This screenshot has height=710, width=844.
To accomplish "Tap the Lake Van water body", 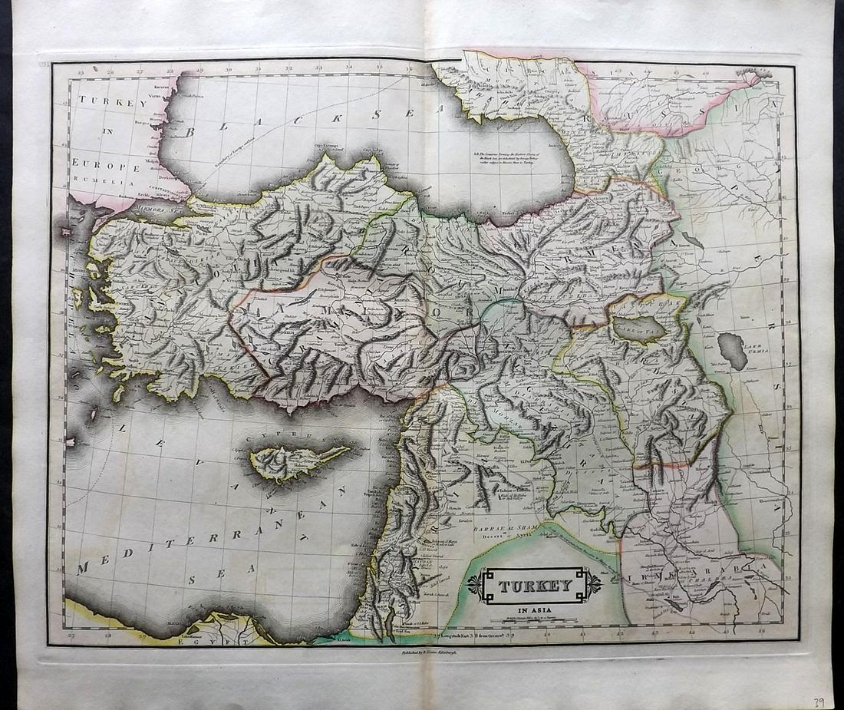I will point(639,329).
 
